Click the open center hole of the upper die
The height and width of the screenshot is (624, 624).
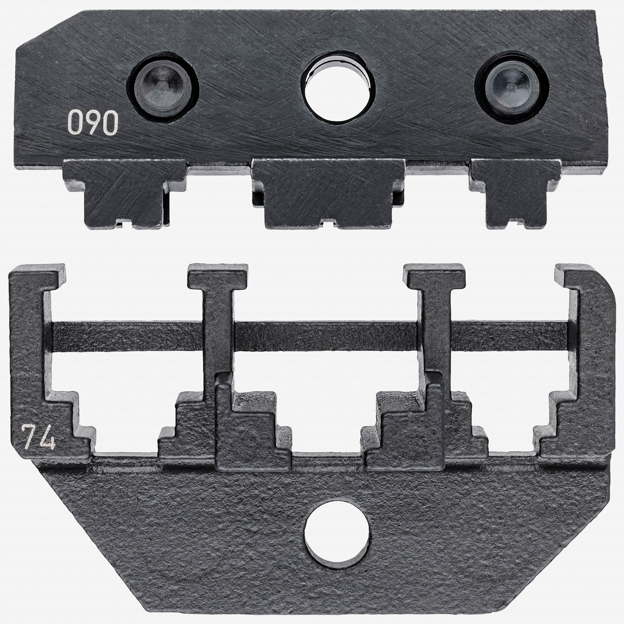tap(338, 86)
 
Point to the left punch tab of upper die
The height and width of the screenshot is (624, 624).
tap(125, 193)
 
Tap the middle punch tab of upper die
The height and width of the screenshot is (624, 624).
tap(328, 193)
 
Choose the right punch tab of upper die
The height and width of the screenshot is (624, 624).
tap(516, 193)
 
